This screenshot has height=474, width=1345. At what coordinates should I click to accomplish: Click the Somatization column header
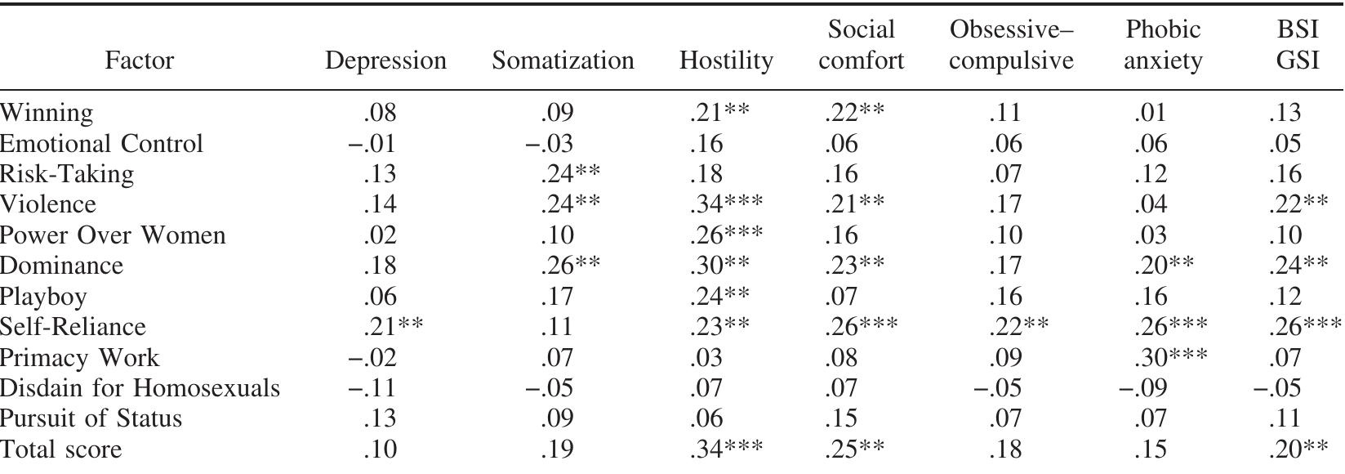[x=563, y=61]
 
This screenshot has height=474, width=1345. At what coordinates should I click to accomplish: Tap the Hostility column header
[x=726, y=61]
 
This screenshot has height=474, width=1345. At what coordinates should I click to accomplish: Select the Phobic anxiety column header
[x=1163, y=46]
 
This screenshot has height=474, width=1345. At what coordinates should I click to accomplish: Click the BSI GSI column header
[x=1298, y=46]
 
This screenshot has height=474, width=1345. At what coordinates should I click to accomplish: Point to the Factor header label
[x=140, y=61]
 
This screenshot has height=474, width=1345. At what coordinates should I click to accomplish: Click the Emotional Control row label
[x=101, y=144]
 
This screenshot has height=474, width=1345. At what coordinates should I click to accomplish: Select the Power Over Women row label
[x=113, y=235]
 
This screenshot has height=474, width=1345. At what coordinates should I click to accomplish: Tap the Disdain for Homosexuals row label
[x=140, y=388]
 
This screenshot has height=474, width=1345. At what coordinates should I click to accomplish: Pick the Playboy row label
[x=43, y=297]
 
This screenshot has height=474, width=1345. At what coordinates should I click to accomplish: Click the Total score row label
[x=61, y=449]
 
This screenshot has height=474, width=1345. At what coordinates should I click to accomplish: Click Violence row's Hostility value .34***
[x=726, y=205]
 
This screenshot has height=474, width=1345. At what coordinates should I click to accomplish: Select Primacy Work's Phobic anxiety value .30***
[x=1170, y=358]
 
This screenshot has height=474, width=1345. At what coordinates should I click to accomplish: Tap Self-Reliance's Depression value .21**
[x=392, y=327]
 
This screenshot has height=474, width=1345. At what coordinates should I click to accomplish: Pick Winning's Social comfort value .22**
[x=853, y=113]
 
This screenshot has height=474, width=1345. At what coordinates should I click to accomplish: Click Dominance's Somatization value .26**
[x=570, y=266]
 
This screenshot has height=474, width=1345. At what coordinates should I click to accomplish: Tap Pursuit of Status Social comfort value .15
[x=841, y=418]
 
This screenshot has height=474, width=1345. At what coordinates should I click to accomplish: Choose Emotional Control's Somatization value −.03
[x=549, y=144]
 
